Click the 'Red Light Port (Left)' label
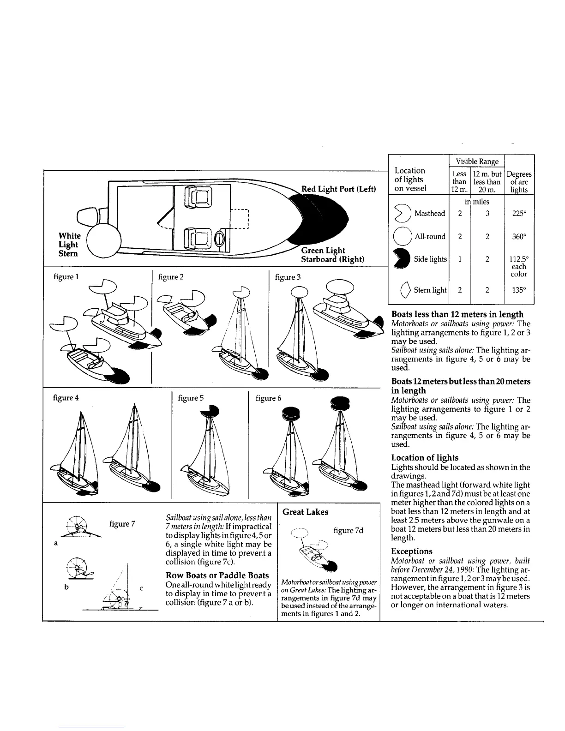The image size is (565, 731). [338, 189]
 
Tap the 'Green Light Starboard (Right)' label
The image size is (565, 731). [332, 255]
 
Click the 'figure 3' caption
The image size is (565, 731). [288, 277]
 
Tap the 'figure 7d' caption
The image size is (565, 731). [348, 530]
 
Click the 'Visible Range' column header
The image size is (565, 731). [477, 162]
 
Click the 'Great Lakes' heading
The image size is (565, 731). [305, 512]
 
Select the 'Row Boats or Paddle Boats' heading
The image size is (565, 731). [217, 575]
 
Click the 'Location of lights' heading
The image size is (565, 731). [425, 458]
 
